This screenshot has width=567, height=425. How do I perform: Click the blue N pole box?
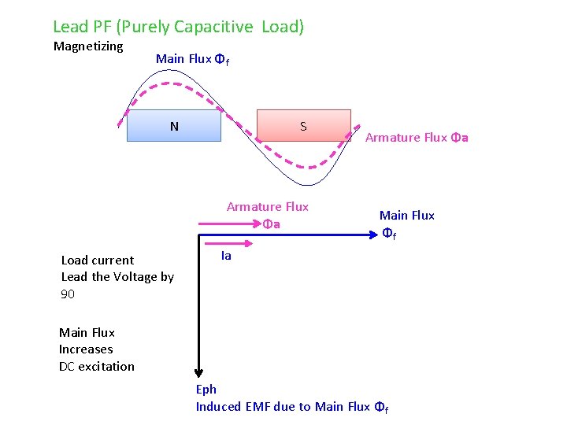click(x=174, y=125)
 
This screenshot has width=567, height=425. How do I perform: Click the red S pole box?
click(x=303, y=125)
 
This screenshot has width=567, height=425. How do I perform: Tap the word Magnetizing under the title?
click(x=88, y=46)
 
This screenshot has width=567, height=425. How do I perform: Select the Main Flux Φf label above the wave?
click(x=192, y=59)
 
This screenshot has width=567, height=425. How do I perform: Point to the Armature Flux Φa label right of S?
click(x=417, y=138)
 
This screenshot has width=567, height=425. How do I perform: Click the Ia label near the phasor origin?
click(x=226, y=255)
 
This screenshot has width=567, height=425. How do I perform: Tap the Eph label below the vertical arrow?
click(x=206, y=389)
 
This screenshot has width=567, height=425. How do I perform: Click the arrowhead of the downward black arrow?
click(x=201, y=374)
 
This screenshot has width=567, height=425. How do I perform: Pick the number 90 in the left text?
click(x=68, y=294)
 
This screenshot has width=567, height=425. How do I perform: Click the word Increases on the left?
click(x=86, y=349)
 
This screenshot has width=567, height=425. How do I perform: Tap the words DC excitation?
click(x=97, y=367)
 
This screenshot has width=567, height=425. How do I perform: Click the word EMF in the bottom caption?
click(x=258, y=406)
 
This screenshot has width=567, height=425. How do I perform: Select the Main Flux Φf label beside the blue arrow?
click(x=406, y=224)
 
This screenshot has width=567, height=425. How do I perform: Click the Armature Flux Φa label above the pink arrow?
click(x=268, y=215)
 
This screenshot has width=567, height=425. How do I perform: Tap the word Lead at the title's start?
click(x=71, y=27)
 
